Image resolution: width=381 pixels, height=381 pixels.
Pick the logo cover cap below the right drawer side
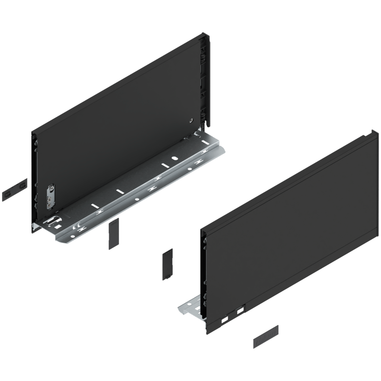(266, 337)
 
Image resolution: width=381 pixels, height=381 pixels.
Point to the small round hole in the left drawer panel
(192, 121)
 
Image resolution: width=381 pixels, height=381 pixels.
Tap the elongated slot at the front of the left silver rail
(53, 218)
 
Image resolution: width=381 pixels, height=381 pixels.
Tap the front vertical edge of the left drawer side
(34, 184)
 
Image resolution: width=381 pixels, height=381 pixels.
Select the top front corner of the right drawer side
(203, 231)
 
